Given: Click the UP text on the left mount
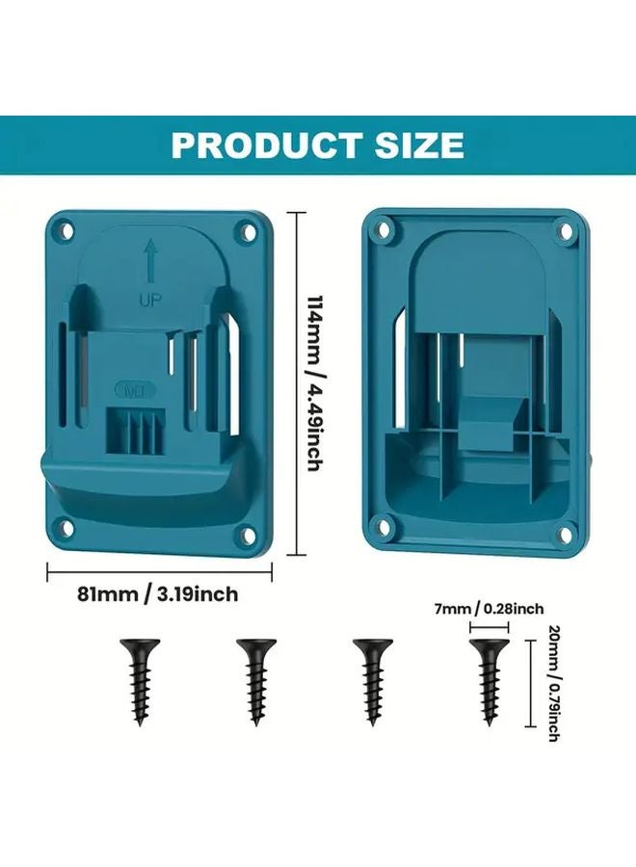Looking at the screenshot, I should click(x=150, y=300).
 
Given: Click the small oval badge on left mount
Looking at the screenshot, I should click(x=127, y=391).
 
